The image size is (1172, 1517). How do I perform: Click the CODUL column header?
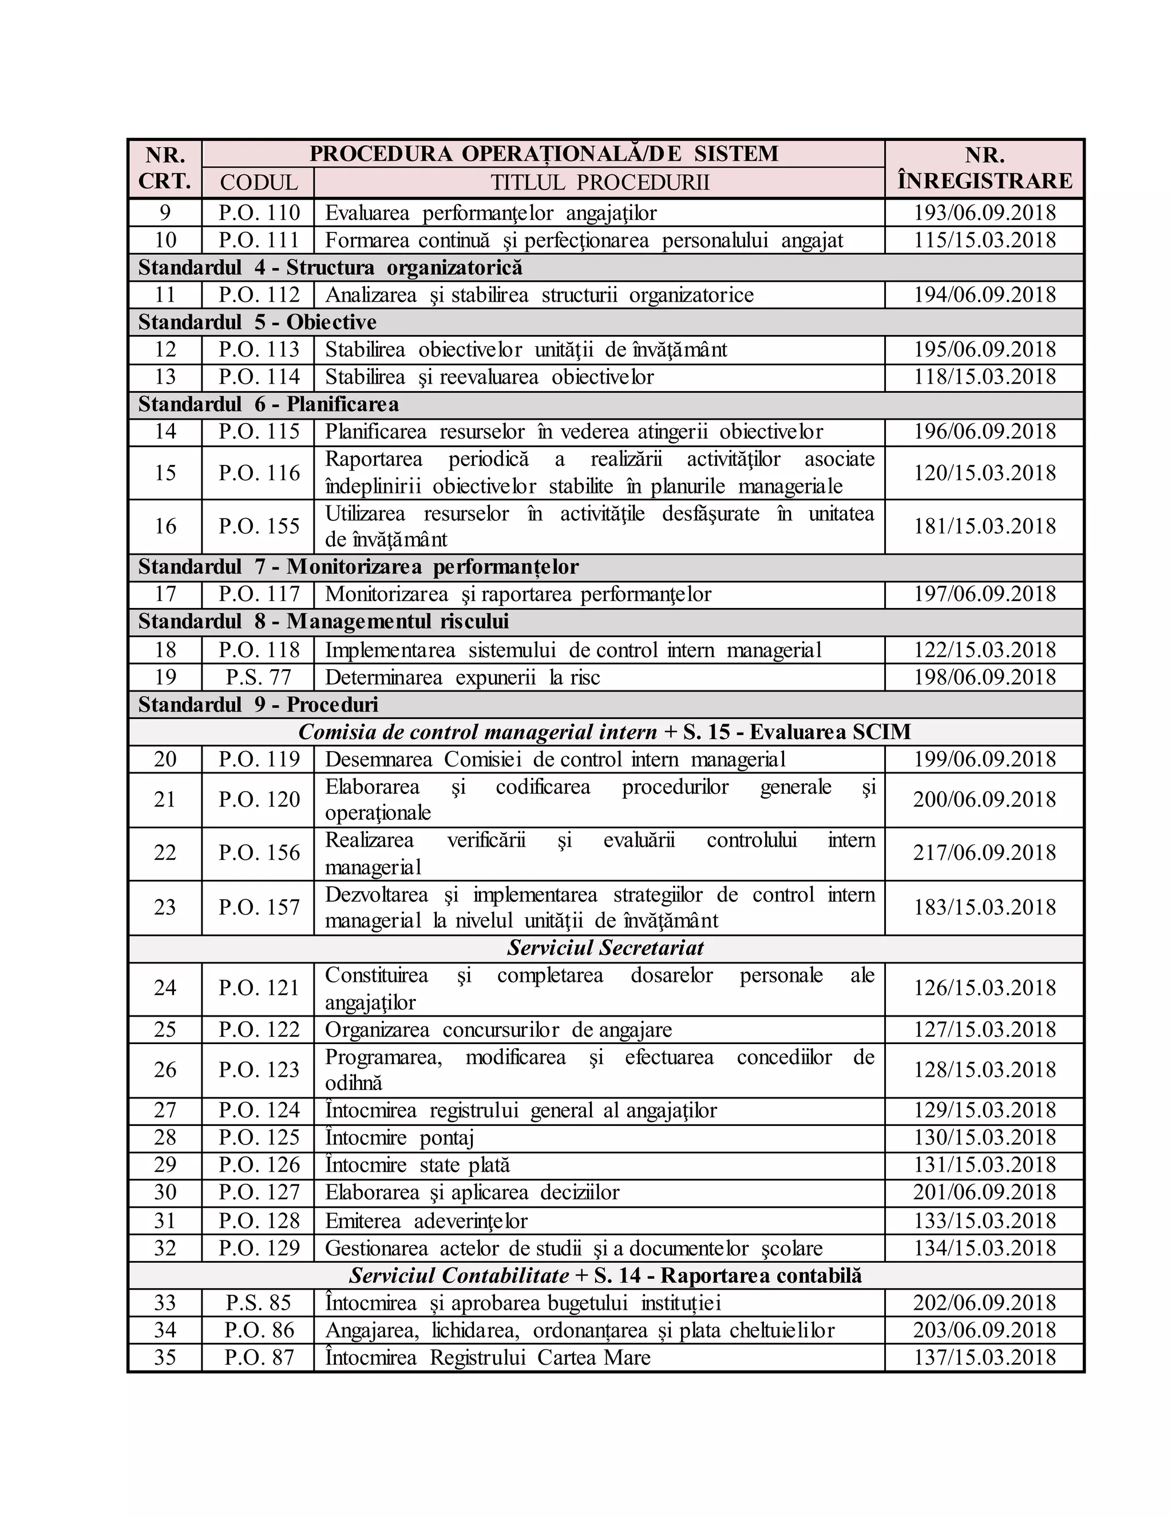258,183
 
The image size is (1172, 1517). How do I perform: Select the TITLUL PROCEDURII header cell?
600,183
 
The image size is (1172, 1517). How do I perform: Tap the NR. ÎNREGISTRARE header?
984,168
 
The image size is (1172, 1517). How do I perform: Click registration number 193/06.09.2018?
984,212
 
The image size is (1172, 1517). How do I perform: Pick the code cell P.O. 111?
258,240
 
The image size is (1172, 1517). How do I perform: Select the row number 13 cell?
165,377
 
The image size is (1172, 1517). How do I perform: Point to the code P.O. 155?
258,527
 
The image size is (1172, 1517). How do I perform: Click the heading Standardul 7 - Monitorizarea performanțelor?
358,567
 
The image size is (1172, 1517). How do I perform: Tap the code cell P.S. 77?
258,677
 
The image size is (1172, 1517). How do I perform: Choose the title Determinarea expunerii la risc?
462,677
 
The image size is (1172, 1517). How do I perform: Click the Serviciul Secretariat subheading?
605,948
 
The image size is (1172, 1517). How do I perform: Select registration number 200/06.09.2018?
984,800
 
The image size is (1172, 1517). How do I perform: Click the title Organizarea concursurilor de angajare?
498,1029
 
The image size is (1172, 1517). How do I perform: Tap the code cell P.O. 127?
258,1192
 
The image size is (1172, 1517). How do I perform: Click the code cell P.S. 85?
258,1302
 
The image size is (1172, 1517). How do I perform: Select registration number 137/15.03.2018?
984,1357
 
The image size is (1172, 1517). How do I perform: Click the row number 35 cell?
165,1357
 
